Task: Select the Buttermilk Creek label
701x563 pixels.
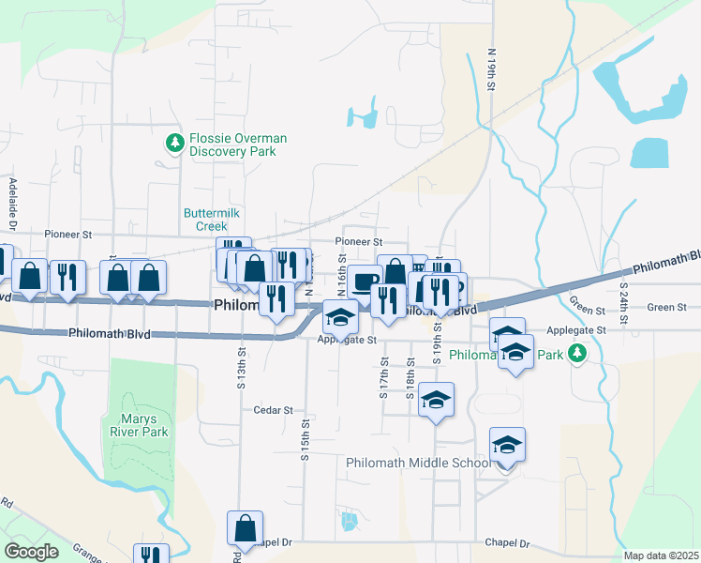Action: point(205,220)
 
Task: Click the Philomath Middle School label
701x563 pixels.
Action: point(418,463)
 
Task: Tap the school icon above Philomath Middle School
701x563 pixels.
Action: point(507,444)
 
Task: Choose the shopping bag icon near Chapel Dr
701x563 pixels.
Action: point(245,528)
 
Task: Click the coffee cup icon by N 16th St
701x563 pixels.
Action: point(365,281)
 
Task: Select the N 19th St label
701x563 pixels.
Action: point(490,69)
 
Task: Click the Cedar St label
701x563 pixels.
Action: point(274,410)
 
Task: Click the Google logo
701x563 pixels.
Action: point(32,552)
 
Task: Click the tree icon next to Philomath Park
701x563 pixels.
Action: point(579,353)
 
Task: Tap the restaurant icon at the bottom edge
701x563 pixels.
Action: point(151,555)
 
